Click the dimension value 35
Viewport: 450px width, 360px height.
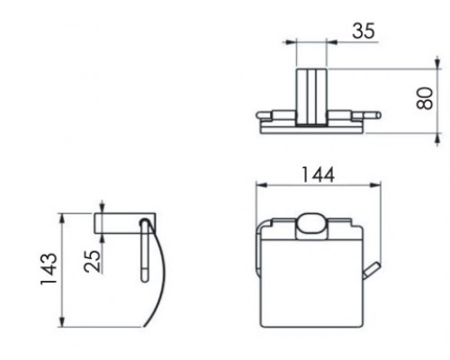tap(364, 31)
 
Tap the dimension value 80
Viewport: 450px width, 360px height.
tap(425, 98)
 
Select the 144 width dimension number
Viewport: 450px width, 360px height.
tap(318, 175)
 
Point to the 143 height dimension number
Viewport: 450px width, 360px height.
tap(49, 269)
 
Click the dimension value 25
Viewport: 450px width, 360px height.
tap(92, 261)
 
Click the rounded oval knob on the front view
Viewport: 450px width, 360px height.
tap(311, 227)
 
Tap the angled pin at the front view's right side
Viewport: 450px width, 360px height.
tap(371, 271)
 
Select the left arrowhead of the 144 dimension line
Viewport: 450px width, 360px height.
tap(262, 185)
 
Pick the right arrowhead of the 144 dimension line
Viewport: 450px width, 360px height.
tap(375, 185)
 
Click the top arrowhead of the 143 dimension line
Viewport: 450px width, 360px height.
tap(62, 219)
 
